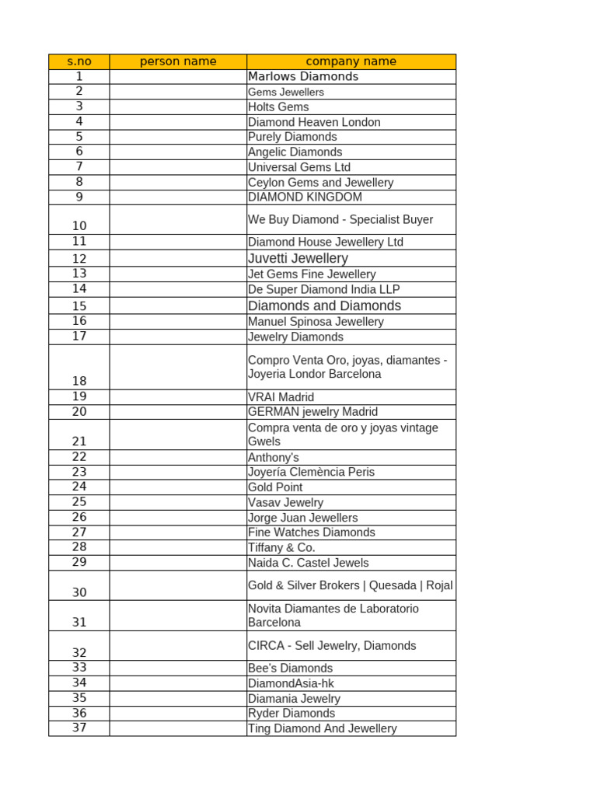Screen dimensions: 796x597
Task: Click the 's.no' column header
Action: pos(79,61)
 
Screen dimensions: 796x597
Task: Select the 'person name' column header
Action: pos(178,61)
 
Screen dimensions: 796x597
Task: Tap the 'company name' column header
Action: pos(351,61)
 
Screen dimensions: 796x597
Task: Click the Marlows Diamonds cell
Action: pos(303,76)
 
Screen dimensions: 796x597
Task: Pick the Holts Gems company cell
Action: pos(278,106)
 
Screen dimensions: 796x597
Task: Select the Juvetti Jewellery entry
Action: pos(298,258)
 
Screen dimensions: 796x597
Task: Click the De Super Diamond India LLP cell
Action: pos(324,289)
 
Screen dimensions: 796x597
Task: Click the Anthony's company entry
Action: pos(273,457)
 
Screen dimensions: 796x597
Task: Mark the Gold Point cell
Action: pos(275,487)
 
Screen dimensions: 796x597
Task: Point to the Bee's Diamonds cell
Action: pos(290,668)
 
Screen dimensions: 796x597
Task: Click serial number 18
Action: pos(79,381)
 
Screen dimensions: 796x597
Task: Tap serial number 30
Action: pos(79,592)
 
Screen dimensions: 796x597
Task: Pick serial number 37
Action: pos(79,728)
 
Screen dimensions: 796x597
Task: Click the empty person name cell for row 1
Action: pos(178,76)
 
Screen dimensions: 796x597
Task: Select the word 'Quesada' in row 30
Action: pos(393,585)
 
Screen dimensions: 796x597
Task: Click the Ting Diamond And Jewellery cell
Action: pos(322,728)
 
